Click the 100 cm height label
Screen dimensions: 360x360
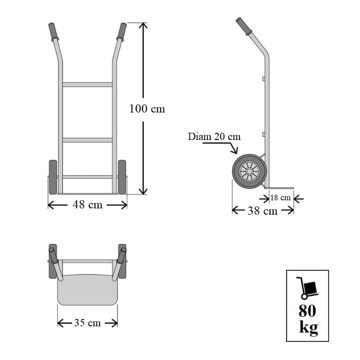pos(147,108)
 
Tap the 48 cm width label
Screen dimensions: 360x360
pos(87,205)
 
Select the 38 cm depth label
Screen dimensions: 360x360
pos(262,211)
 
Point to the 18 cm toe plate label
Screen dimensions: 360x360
pos(280,198)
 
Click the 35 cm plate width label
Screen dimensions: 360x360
pos(87,323)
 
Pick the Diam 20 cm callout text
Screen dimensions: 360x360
pos(214,137)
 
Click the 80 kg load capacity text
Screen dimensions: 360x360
pos(308,319)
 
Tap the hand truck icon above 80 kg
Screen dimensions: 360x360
pos(307,288)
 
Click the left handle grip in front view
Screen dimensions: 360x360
pos(53,31)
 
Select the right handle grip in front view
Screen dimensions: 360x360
pos(121,31)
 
